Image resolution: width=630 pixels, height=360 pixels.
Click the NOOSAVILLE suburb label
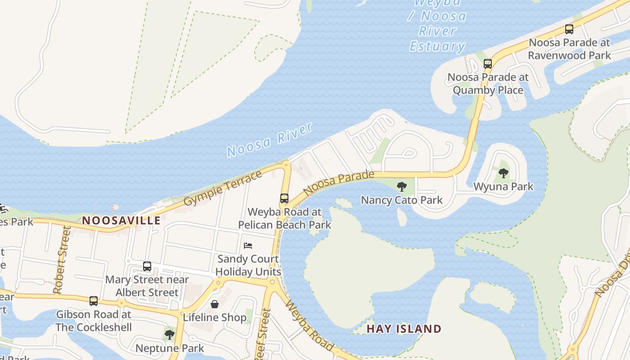click(121, 220)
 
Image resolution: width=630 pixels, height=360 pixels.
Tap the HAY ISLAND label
click(404, 328)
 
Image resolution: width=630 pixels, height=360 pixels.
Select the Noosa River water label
click(270, 140)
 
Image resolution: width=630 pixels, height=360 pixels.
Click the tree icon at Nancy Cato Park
click(401, 186)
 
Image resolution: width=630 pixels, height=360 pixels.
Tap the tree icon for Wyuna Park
click(504, 173)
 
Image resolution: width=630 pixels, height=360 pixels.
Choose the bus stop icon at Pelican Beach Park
click(284, 198)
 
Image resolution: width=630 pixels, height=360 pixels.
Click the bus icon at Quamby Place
click(488, 63)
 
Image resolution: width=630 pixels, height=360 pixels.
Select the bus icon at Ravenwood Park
click(569, 29)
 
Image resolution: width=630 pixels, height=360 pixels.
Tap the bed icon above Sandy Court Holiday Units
click(248, 245)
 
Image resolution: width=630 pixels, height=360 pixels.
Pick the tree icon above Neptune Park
click(169, 334)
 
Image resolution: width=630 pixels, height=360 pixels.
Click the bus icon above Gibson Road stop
click(93, 301)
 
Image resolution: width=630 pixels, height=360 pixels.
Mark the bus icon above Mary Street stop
click(147, 266)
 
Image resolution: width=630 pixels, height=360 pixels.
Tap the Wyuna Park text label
click(503, 186)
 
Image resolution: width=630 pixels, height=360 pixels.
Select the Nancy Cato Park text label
click(402, 200)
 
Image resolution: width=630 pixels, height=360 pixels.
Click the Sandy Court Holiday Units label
click(248, 265)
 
